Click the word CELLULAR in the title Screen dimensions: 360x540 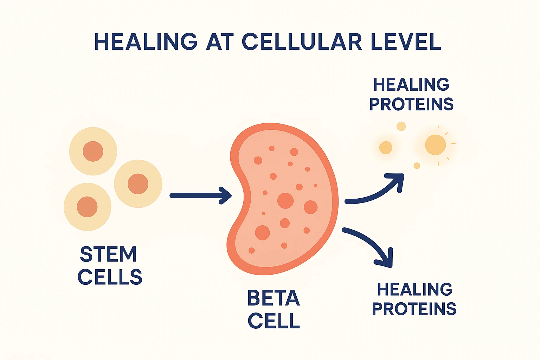(x=302, y=42)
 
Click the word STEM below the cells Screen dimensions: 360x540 (x=108, y=254)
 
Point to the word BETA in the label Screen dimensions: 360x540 (x=274, y=298)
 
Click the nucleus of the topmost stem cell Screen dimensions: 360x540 (x=93, y=151)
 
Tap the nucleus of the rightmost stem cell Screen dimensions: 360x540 (x=138, y=184)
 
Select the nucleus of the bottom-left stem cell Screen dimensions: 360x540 (x=87, y=207)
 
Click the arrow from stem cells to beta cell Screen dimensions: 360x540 (x=200, y=195)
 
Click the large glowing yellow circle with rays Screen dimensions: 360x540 (x=435, y=145)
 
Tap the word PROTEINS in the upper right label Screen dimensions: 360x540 (x=411, y=104)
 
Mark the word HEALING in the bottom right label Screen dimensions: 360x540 (x=415, y=290)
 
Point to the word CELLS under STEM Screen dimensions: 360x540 (x=110, y=277)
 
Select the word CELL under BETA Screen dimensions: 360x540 (x=274, y=321)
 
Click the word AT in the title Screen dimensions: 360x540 (x=220, y=42)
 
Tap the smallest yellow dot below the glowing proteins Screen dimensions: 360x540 (x=417, y=166)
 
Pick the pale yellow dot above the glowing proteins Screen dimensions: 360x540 (x=401, y=126)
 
